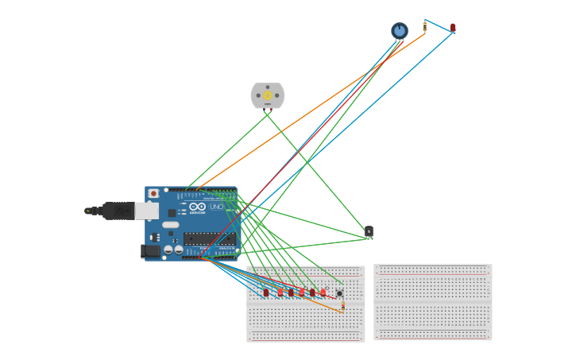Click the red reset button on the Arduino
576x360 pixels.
pyautogui.click(x=153, y=193)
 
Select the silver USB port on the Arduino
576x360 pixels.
pyautogui.click(x=147, y=211)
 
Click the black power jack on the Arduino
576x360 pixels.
pyautogui.click(x=149, y=251)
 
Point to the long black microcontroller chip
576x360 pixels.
pyautogui.click(x=209, y=238)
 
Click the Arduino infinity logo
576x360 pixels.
pyautogui.click(x=197, y=207)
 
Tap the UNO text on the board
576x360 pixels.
pyautogui.click(x=216, y=207)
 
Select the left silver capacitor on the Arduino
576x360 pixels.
pyautogui.click(x=168, y=250)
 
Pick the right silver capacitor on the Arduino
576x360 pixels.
pyautogui.click(x=179, y=250)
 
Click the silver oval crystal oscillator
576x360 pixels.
pyautogui.click(x=171, y=225)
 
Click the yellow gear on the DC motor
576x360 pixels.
pyautogui.click(x=268, y=95)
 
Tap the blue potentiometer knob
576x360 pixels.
pyautogui.click(x=400, y=30)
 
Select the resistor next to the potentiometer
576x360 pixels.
pyautogui.click(x=424, y=26)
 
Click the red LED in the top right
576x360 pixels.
pyautogui.click(x=453, y=28)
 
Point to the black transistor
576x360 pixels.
pyautogui.click(x=369, y=231)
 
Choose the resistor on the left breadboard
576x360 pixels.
pyautogui.click(x=342, y=305)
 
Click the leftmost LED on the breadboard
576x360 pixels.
pyautogui.click(x=266, y=292)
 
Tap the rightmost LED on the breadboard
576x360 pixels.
pyautogui.click(x=323, y=292)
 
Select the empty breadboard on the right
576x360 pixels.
pyautogui.click(x=433, y=302)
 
